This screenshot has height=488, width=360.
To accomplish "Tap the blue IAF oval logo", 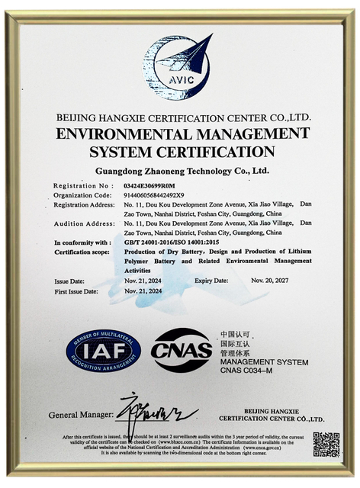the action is [x=103, y=352].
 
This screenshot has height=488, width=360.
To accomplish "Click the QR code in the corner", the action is [x=326, y=444].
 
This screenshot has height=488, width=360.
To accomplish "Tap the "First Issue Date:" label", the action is [x=76, y=291].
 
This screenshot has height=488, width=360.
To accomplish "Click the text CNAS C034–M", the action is [x=248, y=371].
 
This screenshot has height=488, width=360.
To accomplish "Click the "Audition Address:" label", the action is [x=82, y=223].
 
